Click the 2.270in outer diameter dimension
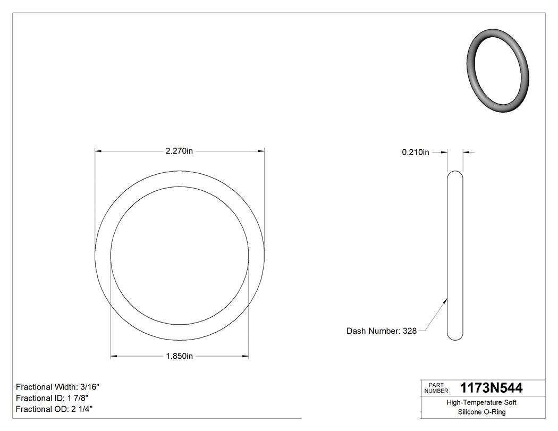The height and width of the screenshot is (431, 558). point(179,151)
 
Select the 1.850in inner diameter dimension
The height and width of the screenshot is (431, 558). point(179,356)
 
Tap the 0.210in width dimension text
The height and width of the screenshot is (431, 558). point(415,153)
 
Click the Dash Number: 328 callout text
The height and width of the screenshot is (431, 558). point(381,331)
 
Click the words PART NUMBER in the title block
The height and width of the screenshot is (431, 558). point(436,388)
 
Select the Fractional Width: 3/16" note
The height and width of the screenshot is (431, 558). point(57,387)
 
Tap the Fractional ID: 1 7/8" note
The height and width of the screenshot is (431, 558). point(52,398)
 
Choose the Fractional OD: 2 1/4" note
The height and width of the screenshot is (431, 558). point(55,409)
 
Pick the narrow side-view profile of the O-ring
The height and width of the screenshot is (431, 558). point(455,255)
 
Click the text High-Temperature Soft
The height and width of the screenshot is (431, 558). point(481,403)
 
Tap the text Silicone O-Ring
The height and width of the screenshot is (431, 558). point(481,412)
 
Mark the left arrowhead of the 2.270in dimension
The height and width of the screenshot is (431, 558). point(98,151)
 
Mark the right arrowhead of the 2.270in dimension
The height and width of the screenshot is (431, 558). point(261,151)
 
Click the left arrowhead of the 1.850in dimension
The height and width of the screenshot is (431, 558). point(114,356)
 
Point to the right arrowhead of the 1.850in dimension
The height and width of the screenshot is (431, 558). point(246,356)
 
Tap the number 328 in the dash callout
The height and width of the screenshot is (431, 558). point(409,331)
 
